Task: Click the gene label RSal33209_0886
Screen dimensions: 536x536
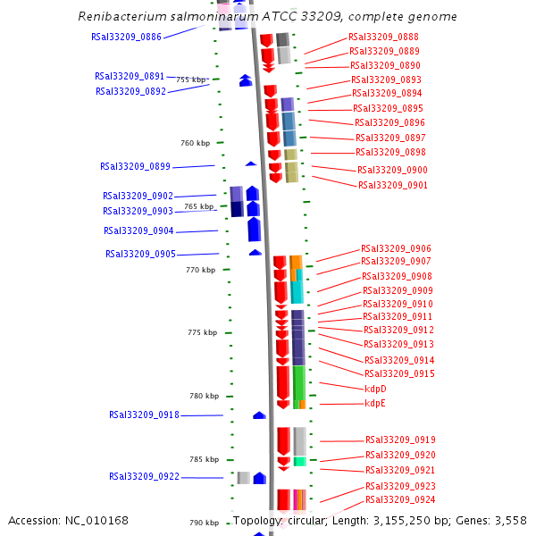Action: click(x=126, y=37)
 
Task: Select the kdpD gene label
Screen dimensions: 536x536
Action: click(x=375, y=389)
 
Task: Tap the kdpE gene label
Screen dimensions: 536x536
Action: click(x=375, y=404)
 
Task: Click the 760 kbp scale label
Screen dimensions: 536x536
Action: click(x=195, y=143)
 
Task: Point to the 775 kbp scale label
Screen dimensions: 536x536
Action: click(x=202, y=332)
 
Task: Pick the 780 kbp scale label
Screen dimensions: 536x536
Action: click(x=205, y=396)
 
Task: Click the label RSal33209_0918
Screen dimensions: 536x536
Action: click(x=144, y=415)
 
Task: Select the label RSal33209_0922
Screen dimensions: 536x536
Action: click(x=144, y=476)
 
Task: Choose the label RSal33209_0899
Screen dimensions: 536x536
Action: click(x=135, y=166)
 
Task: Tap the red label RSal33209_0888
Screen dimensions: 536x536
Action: click(x=383, y=37)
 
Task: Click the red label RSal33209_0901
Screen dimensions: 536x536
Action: click(x=392, y=185)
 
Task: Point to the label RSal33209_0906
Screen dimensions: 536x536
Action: click(x=396, y=248)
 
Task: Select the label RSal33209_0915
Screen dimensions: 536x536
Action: click(x=399, y=373)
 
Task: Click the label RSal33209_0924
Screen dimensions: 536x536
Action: click(x=400, y=499)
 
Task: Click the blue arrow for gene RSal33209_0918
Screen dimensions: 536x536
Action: click(x=259, y=415)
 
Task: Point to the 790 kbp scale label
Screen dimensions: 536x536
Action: click(x=205, y=523)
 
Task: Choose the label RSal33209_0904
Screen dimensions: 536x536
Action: click(x=138, y=230)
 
